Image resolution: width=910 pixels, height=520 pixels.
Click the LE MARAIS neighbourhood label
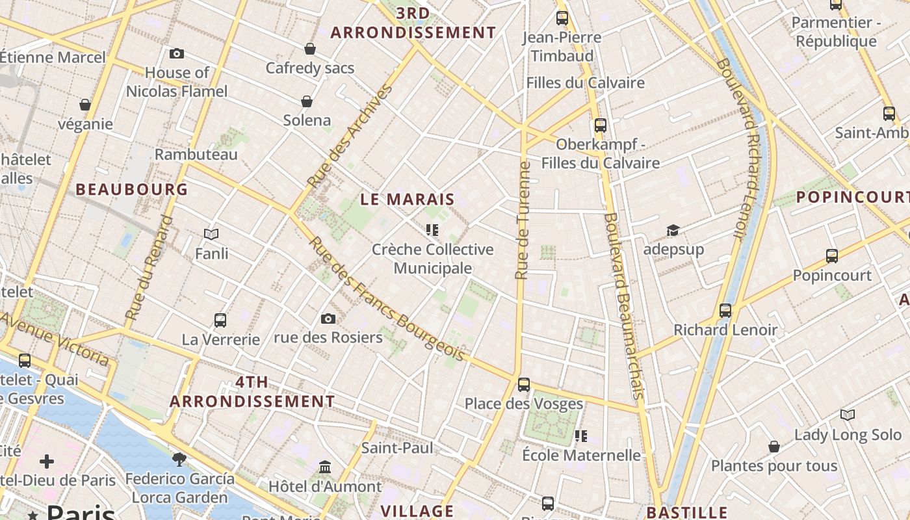pyautogui.click(x=408, y=200)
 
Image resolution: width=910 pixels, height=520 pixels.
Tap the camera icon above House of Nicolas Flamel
pyautogui.click(x=176, y=54)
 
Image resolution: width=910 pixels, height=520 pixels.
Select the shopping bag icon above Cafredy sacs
pyautogui.click(x=310, y=49)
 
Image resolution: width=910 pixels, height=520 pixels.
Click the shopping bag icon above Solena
pyautogui.click(x=307, y=101)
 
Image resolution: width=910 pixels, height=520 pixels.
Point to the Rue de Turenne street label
pyautogui.click(x=523, y=221)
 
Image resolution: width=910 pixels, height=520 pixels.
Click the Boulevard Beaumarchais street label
pyautogui.click(x=623, y=305)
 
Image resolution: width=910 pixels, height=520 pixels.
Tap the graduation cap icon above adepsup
pyautogui.click(x=673, y=231)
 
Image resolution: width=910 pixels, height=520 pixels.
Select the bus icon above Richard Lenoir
pyautogui.click(x=725, y=311)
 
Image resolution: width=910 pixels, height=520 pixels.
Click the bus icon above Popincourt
pyautogui.click(x=832, y=256)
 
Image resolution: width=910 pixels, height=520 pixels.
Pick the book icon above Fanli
pyautogui.click(x=211, y=234)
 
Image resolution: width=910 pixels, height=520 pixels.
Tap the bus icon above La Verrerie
pyautogui.click(x=220, y=320)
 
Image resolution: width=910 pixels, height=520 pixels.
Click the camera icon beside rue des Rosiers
pyautogui.click(x=328, y=318)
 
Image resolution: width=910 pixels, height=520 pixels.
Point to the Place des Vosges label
pyautogui.click(x=524, y=404)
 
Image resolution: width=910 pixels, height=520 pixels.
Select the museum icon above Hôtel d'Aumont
pyautogui.click(x=325, y=467)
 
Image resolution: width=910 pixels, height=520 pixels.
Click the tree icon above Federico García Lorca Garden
pyautogui.click(x=179, y=460)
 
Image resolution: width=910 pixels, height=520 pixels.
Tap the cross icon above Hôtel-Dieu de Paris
pyautogui.click(x=47, y=461)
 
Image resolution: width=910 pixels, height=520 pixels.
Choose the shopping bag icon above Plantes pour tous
pyautogui.click(x=774, y=447)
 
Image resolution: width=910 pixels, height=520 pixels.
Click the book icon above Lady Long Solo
pyautogui.click(x=848, y=415)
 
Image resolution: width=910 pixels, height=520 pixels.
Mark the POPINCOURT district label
pyautogui.click(x=852, y=196)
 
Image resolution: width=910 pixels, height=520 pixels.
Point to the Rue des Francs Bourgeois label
pyautogui.click(x=387, y=300)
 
